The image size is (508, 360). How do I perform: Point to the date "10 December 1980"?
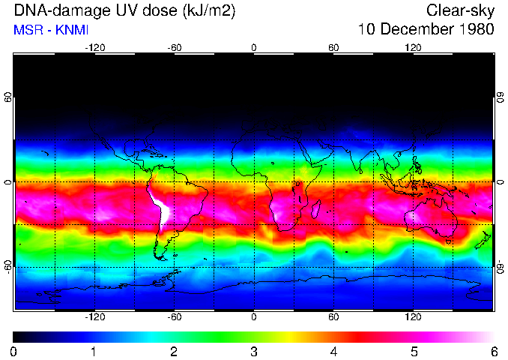pos(426,30)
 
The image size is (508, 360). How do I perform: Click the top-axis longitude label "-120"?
pos(94,47)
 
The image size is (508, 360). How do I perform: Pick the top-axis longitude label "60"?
pos(333,47)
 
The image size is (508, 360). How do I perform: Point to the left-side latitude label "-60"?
pos(8,267)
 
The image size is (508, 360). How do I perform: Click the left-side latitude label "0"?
pos(8,182)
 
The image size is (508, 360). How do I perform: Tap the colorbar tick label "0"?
pos(14,351)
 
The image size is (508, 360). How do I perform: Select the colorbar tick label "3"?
pos(254,351)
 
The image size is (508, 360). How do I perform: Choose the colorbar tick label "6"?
pos(494,351)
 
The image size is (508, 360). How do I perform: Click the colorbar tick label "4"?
pos(333,351)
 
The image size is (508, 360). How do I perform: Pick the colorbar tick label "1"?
pos(94,351)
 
